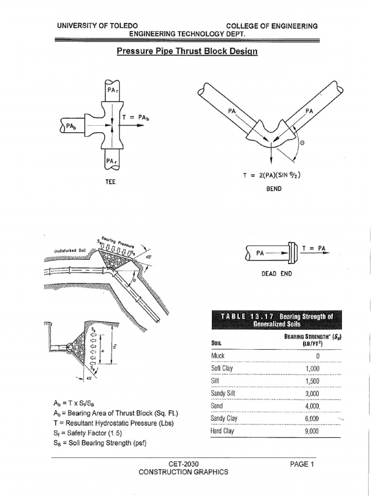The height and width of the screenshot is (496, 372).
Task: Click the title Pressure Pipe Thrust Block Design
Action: point(187,51)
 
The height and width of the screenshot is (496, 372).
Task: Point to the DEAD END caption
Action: point(277,273)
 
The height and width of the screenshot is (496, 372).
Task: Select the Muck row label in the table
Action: point(218,356)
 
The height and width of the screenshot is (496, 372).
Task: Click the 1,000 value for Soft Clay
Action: point(311,368)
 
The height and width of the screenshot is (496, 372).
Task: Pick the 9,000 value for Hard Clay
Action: point(311,431)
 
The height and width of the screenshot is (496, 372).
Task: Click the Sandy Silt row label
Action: point(222,393)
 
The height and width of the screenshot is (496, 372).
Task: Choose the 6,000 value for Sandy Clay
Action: point(311,418)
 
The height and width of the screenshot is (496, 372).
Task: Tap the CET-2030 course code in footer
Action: point(183,464)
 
